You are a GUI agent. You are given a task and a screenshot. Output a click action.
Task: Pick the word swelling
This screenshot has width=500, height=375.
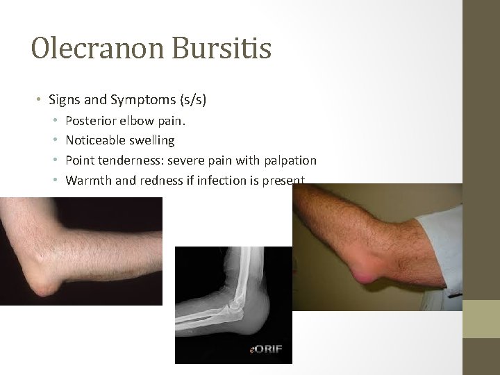point(150,140)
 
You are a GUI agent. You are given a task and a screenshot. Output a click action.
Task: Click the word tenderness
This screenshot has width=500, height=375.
point(125,160)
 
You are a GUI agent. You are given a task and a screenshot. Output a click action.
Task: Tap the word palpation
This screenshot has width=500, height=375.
point(290,160)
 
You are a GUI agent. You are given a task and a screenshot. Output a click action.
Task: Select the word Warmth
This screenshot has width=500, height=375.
point(85,181)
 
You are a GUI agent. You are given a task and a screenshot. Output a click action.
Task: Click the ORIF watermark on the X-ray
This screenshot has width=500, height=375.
point(267,349)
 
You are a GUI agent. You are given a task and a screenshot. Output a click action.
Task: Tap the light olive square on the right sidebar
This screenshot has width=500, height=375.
point(481,319)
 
